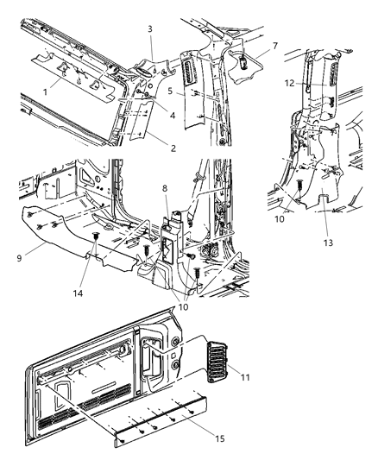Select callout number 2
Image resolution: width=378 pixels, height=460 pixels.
(x=173, y=148)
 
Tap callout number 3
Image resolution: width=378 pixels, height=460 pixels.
(x=150, y=29)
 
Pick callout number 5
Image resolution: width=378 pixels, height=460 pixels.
(x=172, y=89)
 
